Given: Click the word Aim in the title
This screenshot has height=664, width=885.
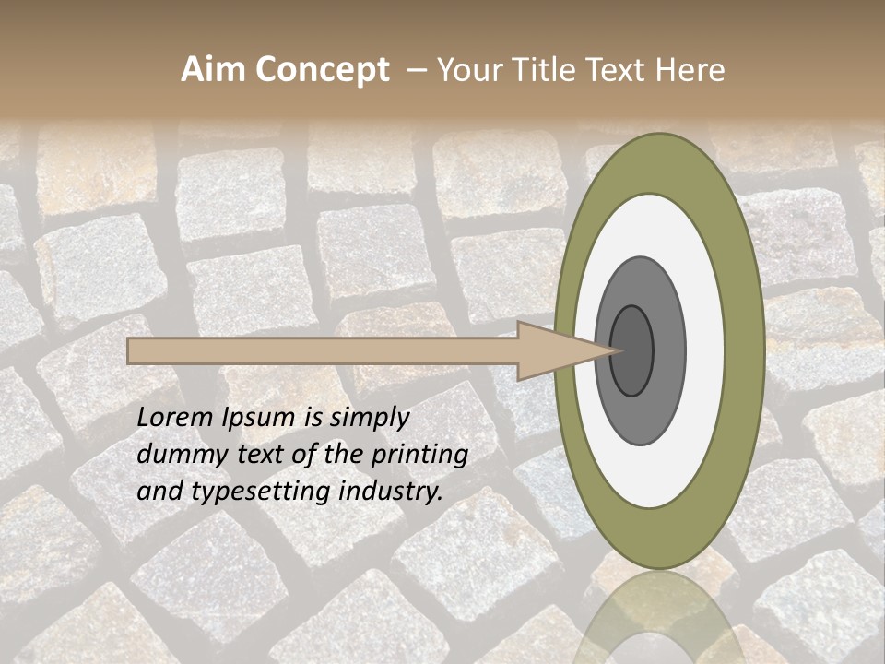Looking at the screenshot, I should [x=214, y=70].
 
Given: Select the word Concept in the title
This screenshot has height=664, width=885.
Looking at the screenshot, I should [x=322, y=70].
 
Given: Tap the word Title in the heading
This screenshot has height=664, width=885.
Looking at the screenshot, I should [x=549, y=70].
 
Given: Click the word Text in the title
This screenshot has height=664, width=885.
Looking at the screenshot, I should [x=619, y=70].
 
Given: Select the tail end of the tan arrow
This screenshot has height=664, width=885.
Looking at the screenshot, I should [x=132, y=351].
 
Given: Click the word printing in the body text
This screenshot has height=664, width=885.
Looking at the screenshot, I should [x=419, y=455].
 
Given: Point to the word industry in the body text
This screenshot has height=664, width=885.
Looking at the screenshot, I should [x=388, y=492].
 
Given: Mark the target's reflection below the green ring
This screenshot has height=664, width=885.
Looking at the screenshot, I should [x=658, y=618].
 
